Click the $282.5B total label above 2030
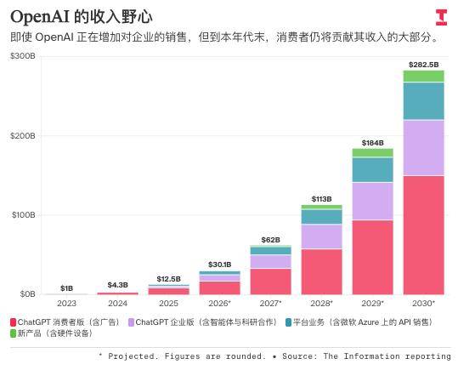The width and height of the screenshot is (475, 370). [423, 65]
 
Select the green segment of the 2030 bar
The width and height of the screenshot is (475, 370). [423, 76]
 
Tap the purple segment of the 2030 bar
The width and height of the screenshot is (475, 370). [423, 148]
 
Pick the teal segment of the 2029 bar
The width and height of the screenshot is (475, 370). [372, 170]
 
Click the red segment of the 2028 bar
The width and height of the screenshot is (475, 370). [321, 271]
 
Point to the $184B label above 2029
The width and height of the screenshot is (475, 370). [372, 143]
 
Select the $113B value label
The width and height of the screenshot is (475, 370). [321, 199]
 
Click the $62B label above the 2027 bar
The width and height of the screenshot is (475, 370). [270, 240]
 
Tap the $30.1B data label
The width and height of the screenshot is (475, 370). [219, 265]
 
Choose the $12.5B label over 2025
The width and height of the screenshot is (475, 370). [168, 279]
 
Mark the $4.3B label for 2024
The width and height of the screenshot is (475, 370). [117, 285]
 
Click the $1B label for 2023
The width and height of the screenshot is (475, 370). [66, 288]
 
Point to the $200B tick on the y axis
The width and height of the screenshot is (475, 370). [22, 136]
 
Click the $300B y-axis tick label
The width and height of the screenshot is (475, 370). [22, 56]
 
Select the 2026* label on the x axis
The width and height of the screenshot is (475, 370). [219, 304]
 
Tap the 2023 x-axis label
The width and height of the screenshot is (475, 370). [66, 304]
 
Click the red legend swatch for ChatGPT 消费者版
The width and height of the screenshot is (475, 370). [13, 322]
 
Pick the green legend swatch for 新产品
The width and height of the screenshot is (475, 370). [13, 333]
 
